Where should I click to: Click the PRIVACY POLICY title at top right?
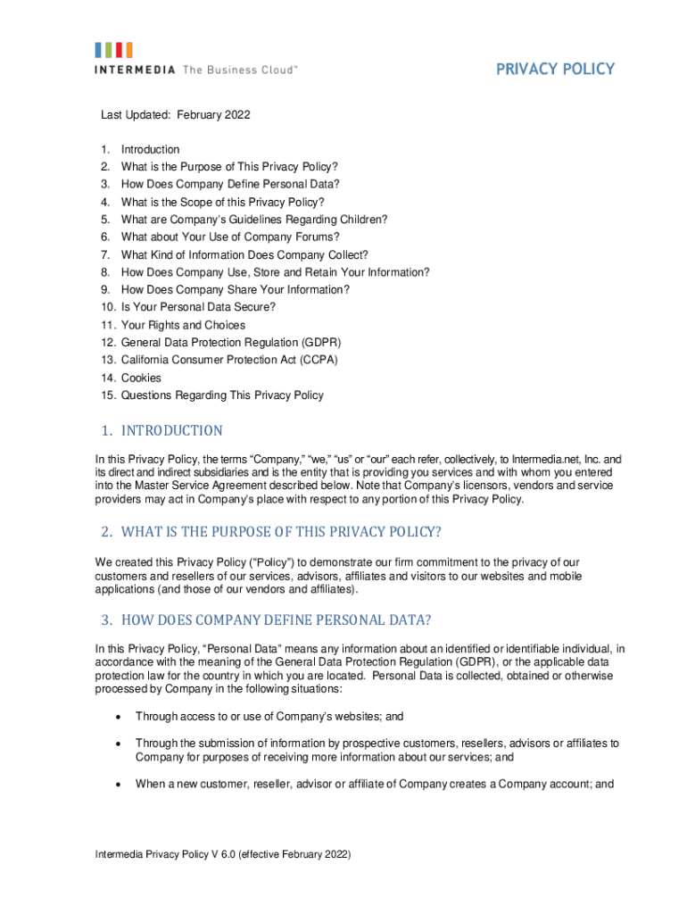click(x=555, y=69)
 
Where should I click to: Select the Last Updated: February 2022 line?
click(x=175, y=114)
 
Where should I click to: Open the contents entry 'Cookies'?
click(x=141, y=378)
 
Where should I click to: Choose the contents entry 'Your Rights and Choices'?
click(x=183, y=325)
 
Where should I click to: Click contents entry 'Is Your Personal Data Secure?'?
click(x=198, y=307)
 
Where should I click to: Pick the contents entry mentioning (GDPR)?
click(x=231, y=343)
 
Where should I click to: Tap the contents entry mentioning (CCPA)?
click(x=229, y=360)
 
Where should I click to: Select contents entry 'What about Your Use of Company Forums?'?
click(x=230, y=237)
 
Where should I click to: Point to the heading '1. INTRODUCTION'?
click(x=161, y=431)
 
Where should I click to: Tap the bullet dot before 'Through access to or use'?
click(x=118, y=717)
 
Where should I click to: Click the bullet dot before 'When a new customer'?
click(x=118, y=785)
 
